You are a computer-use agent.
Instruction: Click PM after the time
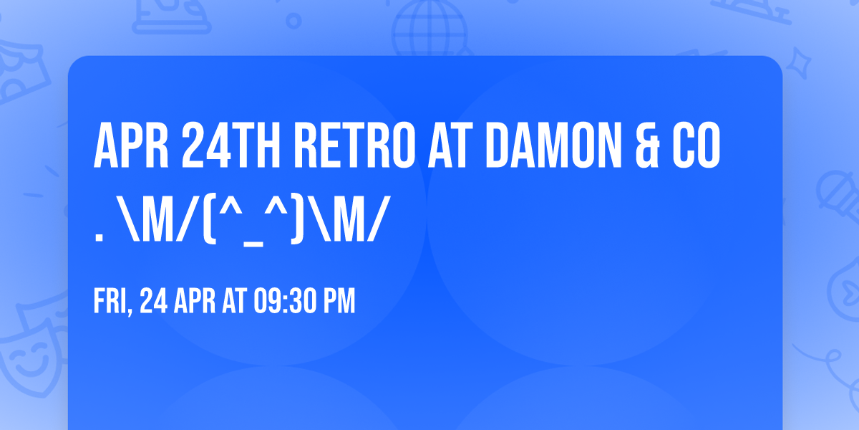pyautogui.click(x=339, y=302)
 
